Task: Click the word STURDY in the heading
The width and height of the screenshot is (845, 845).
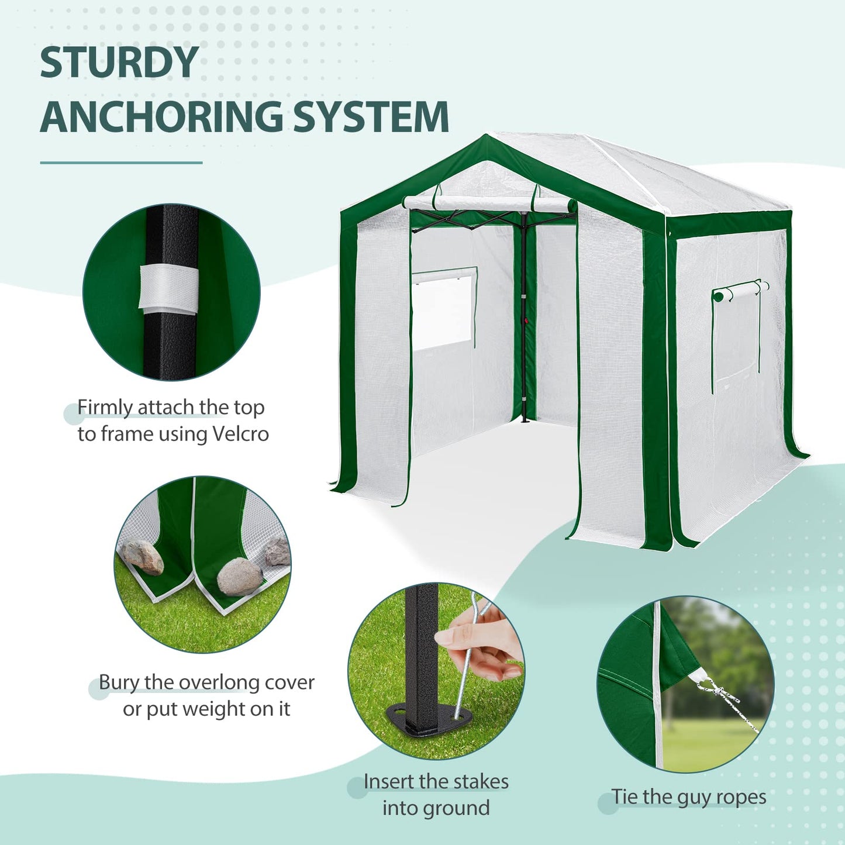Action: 119,62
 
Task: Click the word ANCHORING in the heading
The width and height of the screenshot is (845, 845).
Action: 161,116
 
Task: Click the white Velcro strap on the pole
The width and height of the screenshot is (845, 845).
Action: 168,288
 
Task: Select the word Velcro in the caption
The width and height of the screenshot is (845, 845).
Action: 240,434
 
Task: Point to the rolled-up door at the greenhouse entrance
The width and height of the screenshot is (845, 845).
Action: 489,204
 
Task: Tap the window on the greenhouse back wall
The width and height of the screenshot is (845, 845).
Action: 443,309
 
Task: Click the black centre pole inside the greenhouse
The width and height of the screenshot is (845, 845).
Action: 523,320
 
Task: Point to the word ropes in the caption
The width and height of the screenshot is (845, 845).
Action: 741,798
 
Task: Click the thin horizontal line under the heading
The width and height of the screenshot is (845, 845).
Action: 121,163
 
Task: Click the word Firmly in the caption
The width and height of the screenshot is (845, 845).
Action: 105,408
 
